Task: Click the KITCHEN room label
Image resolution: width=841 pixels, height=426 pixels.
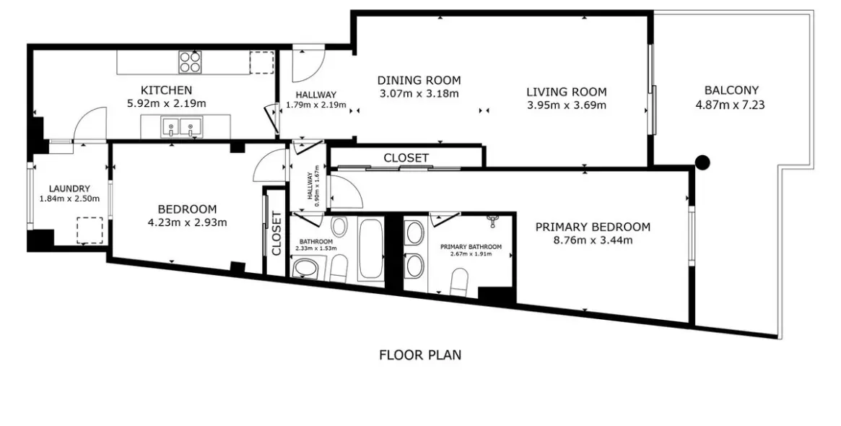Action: click(x=166, y=90)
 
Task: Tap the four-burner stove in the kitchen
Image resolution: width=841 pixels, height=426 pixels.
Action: click(x=190, y=61)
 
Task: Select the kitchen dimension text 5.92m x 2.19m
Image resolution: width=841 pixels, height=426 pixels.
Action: click(x=166, y=103)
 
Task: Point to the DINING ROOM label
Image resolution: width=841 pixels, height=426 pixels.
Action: click(x=419, y=80)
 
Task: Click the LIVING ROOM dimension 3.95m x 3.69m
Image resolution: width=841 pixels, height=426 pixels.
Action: click(x=567, y=105)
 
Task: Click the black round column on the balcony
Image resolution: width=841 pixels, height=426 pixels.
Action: click(x=702, y=162)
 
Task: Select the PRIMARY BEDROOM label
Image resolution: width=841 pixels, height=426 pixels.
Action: click(x=593, y=227)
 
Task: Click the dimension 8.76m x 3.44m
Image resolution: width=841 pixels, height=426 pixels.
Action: click(x=593, y=240)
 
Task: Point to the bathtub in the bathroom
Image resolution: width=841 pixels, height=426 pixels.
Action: click(x=371, y=248)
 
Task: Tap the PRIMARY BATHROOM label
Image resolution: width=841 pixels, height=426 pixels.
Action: click(x=471, y=247)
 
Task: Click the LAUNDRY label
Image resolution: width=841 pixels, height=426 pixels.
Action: click(x=69, y=189)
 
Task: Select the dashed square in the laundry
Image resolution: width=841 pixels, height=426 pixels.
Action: click(x=90, y=230)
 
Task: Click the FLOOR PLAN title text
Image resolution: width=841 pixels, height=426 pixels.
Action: click(x=420, y=355)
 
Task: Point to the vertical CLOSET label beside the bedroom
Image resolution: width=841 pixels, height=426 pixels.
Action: click(x=276, y=233)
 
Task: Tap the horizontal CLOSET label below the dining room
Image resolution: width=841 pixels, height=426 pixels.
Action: click(x=406, y=157)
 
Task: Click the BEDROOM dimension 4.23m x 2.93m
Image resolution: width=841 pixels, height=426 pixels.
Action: click(x=187, y=222)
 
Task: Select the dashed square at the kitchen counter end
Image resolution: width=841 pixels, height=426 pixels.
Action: click(x=262, y=63)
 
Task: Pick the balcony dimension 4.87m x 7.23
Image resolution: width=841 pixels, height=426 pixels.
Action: click(x=730, y=105)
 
